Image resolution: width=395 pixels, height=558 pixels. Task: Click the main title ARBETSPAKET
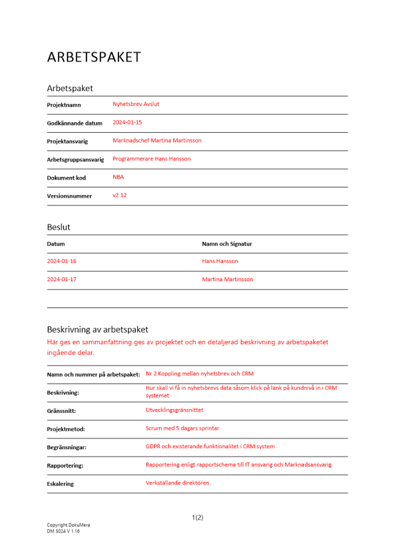point(94,57)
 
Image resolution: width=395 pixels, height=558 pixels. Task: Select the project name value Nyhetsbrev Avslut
point(136,104)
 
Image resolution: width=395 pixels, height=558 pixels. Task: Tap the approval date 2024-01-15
point(127,122)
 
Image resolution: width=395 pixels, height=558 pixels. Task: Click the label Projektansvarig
point(67,142)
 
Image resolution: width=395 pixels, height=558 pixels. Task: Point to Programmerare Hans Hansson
point(151,159)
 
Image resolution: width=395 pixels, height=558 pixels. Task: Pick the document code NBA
point(118,177)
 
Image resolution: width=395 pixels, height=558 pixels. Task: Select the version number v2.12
point(120,195)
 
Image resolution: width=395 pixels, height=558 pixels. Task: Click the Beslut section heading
point(59,228)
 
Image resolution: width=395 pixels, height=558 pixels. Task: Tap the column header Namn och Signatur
point(227,244)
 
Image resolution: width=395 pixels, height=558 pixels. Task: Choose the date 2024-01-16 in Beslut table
point(61,261)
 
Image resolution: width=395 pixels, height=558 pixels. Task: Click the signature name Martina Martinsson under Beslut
point(227,280)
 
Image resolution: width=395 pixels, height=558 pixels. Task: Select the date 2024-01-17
point(61,280)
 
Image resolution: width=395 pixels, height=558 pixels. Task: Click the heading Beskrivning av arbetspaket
point(98,330)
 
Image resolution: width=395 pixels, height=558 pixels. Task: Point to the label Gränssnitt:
point(61,411)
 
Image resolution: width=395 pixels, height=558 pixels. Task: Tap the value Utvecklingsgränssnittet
point(174,410)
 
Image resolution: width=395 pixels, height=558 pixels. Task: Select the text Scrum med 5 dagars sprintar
point(182,429)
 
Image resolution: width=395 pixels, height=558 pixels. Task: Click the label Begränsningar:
point(66,448)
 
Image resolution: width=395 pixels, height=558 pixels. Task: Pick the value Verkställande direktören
point(177,483)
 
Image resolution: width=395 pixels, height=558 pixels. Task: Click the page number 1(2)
point(197,518)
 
